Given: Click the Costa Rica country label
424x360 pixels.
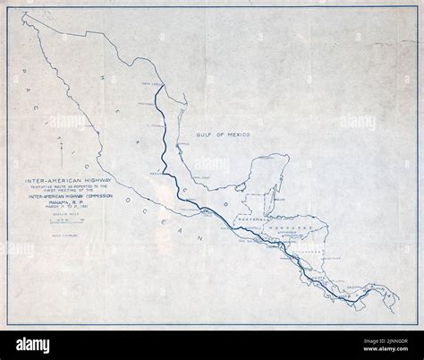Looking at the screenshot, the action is [322, 279].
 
